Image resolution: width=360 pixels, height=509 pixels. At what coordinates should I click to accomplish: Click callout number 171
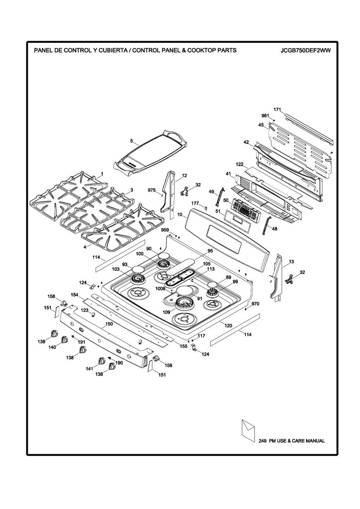click(x=277, y=110)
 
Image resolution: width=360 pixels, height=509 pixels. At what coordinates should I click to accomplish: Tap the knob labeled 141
click(x=102, y=361)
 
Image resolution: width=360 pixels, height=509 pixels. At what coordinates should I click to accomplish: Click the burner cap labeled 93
click(x=138, y=269)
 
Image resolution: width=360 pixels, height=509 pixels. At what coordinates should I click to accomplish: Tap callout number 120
click(x=229, y=325)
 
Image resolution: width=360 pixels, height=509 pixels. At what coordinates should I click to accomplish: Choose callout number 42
click(x=247, y=142)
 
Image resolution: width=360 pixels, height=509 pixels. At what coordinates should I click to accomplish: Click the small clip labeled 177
click(x=206, y=207)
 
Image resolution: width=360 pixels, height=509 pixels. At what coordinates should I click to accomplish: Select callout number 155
click(x=183, y=346)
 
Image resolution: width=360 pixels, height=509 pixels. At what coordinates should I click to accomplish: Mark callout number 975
click(x=152, y=190)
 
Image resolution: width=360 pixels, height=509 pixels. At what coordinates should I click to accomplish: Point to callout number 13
click(x=291, y=261)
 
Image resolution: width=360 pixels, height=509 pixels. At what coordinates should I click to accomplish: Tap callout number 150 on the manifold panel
click(x=109, y=324)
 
